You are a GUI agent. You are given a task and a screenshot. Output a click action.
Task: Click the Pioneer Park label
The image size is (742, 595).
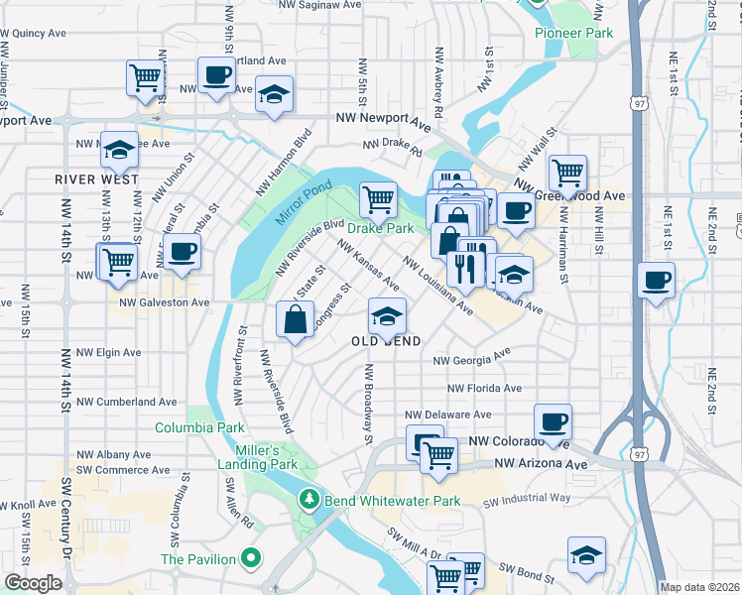coord(573,33)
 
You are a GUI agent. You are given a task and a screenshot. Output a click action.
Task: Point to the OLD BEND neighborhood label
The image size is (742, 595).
coord(387,340)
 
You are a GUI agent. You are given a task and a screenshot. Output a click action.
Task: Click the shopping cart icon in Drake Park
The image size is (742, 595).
coord(378,199)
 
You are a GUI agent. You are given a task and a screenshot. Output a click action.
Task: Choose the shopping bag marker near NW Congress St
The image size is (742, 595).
coord(296,319)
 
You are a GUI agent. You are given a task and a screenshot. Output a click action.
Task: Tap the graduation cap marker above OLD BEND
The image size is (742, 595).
coord(387,316)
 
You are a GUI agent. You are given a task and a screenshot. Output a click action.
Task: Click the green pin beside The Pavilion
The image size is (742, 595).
coord(251,559)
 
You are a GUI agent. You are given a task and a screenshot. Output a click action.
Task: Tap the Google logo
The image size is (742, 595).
coord(33,582)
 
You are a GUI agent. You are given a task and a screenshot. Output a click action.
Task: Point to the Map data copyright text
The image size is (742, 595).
coord(698,587)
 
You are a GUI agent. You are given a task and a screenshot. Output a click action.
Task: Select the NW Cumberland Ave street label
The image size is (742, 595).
coord(126,402)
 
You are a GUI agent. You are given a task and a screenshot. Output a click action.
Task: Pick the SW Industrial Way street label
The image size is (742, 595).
coord(527,499)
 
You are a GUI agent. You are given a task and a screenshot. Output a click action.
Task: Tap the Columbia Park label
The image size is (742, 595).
coord(199,428)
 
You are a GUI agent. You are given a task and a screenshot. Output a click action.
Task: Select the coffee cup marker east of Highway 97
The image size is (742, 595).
coord(658,279)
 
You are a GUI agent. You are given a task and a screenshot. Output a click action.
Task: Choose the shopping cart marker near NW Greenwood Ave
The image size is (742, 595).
coord(567,173)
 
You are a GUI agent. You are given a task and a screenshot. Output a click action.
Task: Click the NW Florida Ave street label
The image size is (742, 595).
coord(483,389)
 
